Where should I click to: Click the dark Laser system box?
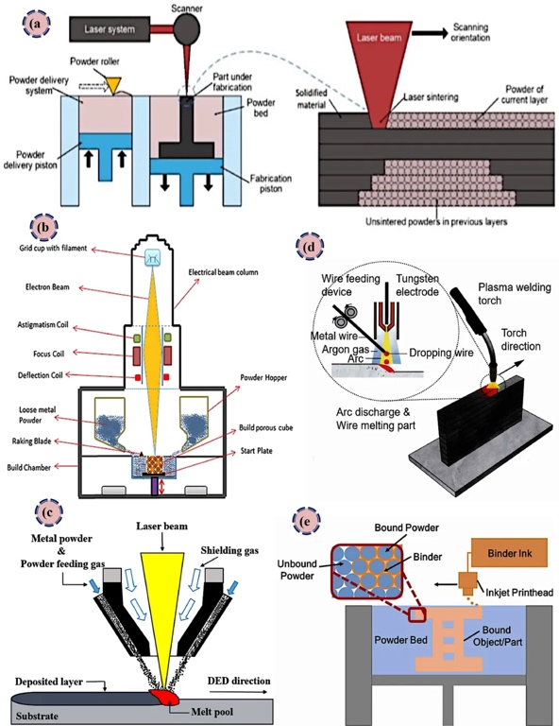[110, 28]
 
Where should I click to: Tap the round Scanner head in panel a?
[186, 28]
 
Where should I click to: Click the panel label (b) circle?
[44, 227]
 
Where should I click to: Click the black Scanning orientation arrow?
[430, 33]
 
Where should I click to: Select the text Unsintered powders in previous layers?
[436, 222]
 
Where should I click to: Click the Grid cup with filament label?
[53, 249]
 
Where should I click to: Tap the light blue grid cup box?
[152, 257]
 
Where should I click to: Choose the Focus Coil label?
[48, 354]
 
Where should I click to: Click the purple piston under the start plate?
[155, 486]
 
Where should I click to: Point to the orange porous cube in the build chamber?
[155, 464]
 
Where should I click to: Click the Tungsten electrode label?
[417, 285]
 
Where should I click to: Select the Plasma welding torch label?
[515, 294]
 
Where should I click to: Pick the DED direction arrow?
[238, 692]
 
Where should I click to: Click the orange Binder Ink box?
[509, 553]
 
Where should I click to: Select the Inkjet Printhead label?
[518, 592]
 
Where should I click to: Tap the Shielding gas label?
[229, 550]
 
